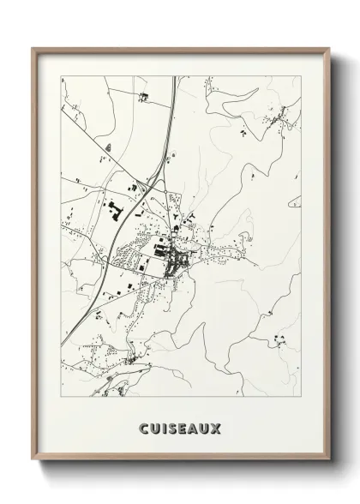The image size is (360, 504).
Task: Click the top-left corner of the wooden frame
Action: click(33, 48)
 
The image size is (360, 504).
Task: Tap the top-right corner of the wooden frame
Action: click(328, 48)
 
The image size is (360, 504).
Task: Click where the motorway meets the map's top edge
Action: click(177, 77)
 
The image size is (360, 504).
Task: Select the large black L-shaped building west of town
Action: click(113, 207)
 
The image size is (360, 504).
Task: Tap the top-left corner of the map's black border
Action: click(62, 77)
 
